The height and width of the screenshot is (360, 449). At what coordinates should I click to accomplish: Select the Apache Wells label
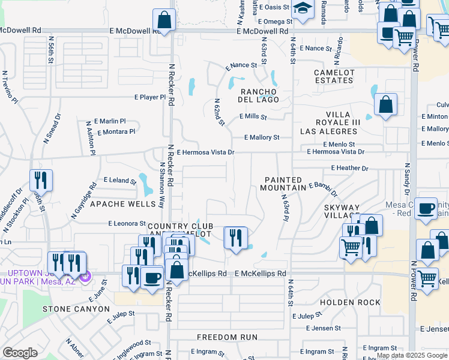[x=122, y=204]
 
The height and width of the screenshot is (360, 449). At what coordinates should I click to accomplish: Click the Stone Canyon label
[x=76, y=309]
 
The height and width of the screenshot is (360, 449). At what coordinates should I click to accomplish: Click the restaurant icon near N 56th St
[x=41, y=179]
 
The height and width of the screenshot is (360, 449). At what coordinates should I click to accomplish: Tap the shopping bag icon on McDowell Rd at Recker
[x=164, y=19]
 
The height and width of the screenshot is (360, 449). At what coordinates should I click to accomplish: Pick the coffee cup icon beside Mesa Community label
[x=426, y=208]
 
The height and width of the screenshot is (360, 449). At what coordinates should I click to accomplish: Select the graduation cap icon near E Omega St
[x=303, y=8]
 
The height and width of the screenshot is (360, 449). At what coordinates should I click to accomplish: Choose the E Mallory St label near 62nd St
[x=262, y=137]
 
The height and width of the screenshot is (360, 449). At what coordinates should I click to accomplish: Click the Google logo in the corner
[x=20, y=353]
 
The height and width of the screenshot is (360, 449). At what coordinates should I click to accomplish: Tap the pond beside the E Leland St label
[x=145, y=185]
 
